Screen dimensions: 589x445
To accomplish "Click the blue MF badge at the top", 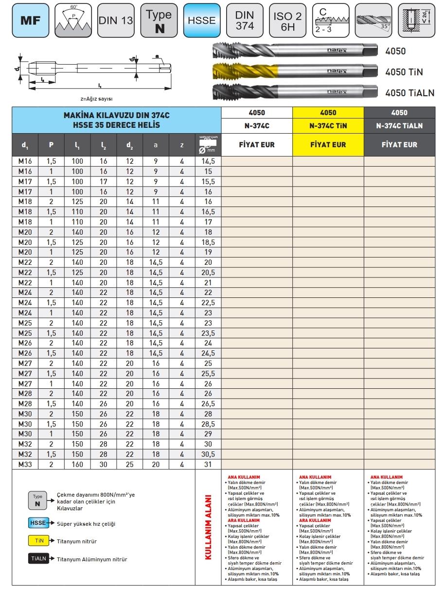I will coord(30,20).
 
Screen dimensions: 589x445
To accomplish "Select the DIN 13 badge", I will coord(116,20).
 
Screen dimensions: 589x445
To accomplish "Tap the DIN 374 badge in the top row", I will coord(245,20).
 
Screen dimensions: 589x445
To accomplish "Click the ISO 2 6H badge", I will coord(287,20).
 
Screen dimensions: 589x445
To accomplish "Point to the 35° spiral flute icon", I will coord(373,20).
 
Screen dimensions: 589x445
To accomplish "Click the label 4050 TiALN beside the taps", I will coord(409,93).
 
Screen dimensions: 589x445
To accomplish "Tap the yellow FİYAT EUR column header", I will coord(328,145).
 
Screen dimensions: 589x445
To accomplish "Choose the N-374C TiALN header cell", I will coord(399,125).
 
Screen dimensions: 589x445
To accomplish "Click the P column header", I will coord(52,145).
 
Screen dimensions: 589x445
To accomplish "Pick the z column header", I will coord(182,145).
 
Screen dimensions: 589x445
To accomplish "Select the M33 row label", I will coord(25,464).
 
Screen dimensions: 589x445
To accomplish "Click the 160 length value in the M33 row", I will coord(78,464).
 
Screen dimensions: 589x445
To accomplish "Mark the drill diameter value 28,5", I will coord(208,424).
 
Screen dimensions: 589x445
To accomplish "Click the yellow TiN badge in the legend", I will coord(38,541).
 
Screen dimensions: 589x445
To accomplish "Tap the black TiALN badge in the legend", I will coord(38,559).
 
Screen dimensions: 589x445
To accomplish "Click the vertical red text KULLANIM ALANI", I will coord(208,527).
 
